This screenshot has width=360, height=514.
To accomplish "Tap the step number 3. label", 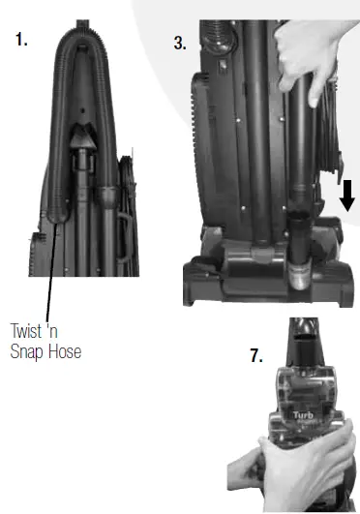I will [x=179, y=43].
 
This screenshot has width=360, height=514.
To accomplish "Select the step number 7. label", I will [x=255, y=355].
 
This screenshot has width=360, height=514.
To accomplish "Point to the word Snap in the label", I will [x=28, y=351].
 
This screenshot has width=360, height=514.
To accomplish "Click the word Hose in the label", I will [x=64, y=351].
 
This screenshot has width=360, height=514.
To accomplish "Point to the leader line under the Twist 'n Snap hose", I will [x=51, y=275].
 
